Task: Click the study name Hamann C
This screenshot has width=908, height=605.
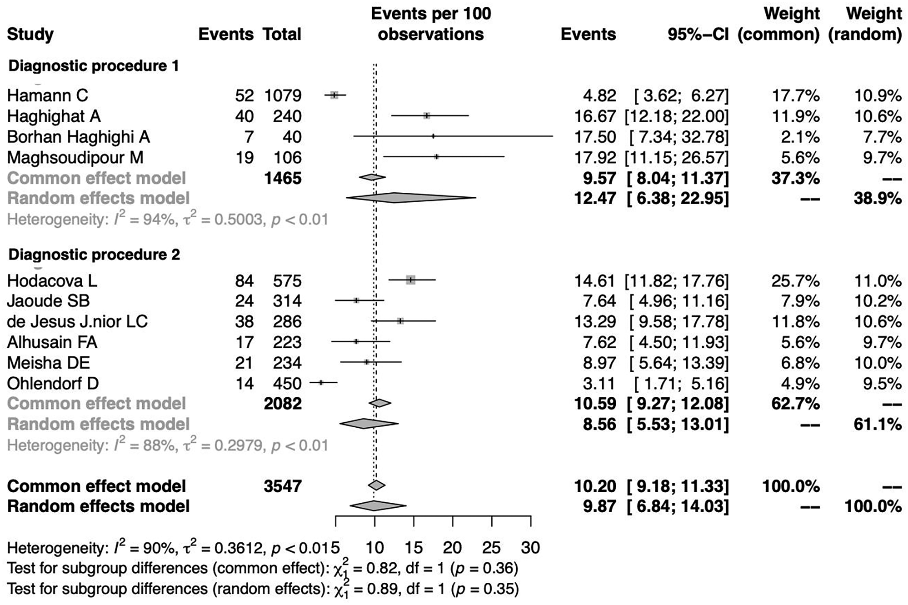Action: point(48,95)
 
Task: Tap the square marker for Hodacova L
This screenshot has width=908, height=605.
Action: point(411,280)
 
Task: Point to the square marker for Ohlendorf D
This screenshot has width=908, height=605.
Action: point(321,383)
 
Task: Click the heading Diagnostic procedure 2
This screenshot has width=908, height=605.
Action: point(94,255)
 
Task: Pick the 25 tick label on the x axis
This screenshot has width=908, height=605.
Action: point(492,548)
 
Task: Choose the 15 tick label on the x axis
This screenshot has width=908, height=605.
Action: point(414,548)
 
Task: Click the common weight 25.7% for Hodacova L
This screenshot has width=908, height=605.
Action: point(795,281)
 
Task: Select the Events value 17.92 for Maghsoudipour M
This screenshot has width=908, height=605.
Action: point(595,158)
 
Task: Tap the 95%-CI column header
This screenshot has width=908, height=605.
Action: point(698,35)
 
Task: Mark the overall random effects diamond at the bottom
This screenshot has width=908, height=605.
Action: point(377,506)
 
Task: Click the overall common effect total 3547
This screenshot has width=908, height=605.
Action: point(283,486)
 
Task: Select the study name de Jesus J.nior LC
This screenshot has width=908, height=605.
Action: point(77,322)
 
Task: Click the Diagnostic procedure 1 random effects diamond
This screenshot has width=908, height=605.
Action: point(409,198)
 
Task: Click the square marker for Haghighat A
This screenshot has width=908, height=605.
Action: point(426,116)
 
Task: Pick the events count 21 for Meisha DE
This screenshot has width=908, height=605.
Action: point(244,363)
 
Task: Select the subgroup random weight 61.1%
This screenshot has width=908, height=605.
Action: point(878,425)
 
